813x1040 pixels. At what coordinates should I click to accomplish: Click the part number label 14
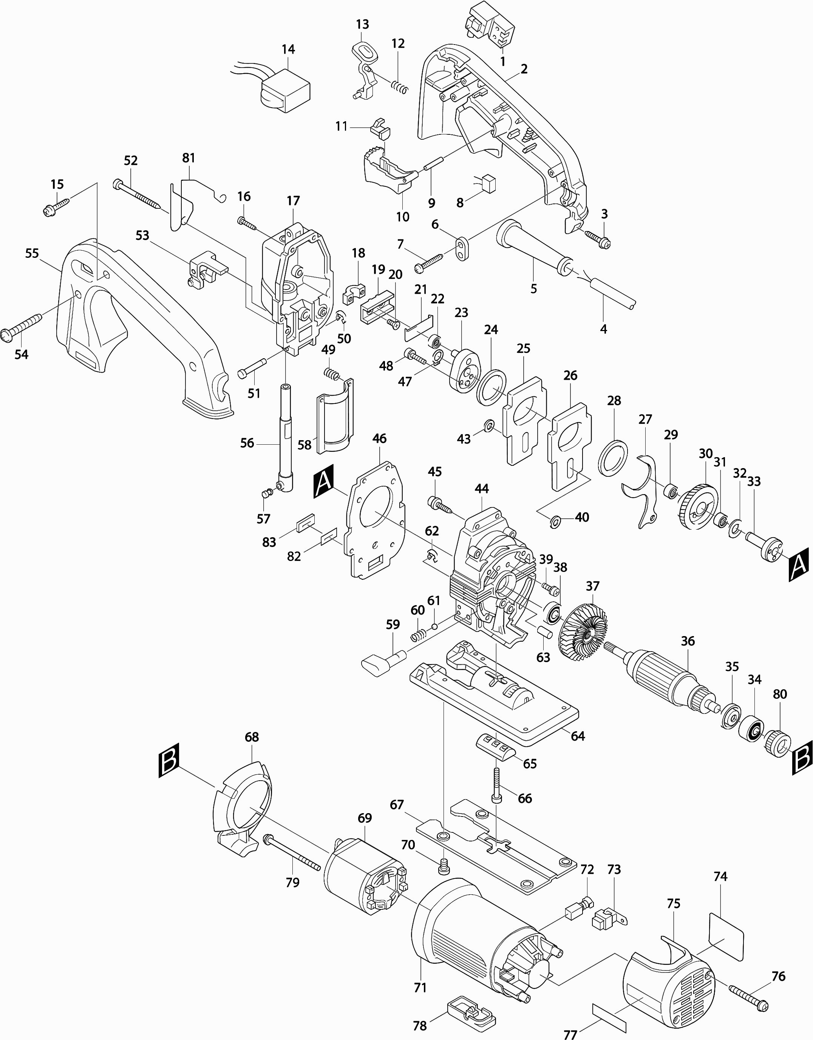pyautogui.click(x=288, y=49)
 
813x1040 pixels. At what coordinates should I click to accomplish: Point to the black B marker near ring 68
pyautogui.click(x=169, y=760)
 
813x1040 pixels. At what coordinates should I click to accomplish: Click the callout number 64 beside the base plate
pyautogui.click(x=578, y=736)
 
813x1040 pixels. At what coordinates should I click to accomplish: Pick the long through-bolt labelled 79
pyautogui.click(x=292, y=856)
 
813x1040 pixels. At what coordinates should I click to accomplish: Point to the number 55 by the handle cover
pyautogui.click(x=32, y=253)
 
